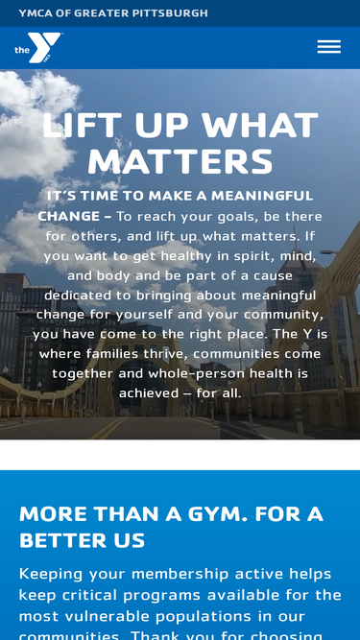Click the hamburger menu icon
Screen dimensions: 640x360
(x=328, y=47)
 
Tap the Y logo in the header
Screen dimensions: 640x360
(x=39, y=48)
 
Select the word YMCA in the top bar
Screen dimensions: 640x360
(x=36, y=13)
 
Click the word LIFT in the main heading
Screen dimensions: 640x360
(x=83, y=126)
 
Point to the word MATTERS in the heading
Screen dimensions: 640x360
(x=180, y=162)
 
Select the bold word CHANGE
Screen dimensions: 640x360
(x=69, y=217)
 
